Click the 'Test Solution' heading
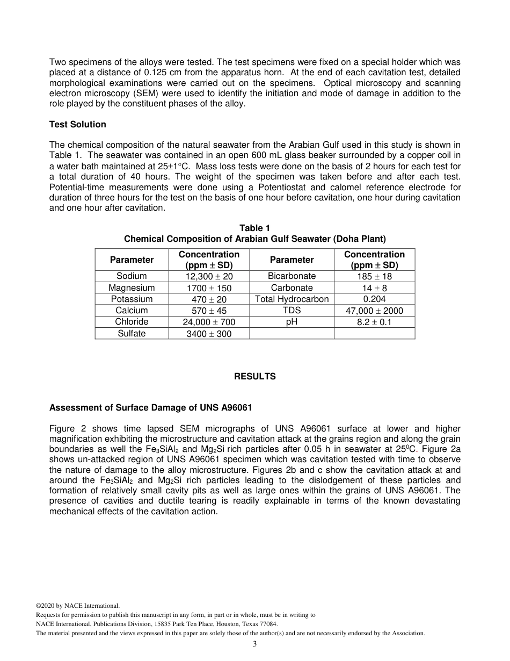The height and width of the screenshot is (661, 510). (77, 124)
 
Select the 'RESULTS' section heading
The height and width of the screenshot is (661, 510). (254, 377)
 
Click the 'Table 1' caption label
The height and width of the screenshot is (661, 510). (254, 228)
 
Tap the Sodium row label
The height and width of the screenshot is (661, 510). (132, 276)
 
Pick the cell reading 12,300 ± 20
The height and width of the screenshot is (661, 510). (209, 276)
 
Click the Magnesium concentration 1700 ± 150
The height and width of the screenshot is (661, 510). (209, 288)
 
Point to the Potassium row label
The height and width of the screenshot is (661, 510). (132, 299)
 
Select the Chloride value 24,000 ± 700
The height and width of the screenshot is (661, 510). (209, 322)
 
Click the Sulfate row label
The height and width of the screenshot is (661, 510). (132, 334)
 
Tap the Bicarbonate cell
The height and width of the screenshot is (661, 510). (292, 276)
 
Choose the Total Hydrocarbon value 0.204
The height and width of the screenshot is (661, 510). (374, 299)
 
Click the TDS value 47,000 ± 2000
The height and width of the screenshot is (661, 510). (374, 311)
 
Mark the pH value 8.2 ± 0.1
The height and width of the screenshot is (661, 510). (374, 322)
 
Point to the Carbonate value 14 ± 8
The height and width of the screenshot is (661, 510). (374, 288)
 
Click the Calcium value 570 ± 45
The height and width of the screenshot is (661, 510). (209, 311)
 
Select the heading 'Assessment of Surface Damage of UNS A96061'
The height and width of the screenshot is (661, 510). (150, 408)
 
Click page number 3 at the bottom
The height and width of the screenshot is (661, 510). (254, 644)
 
